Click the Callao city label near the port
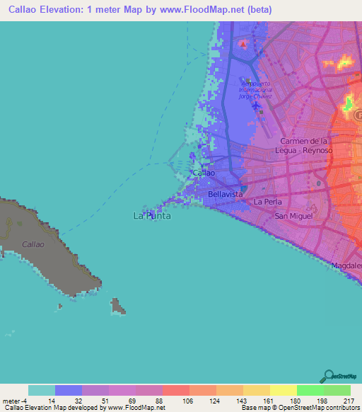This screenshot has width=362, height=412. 204,173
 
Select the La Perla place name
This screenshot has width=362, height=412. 267,202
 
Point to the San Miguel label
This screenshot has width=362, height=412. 293,216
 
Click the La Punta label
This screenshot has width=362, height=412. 152,216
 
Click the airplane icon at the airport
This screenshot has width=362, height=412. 255,110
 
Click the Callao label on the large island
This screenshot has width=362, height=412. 33,244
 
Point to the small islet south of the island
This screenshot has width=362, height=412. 118,307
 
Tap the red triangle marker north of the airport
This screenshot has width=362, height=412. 244,44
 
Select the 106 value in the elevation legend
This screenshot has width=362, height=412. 175,400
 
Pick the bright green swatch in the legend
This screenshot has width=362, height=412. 310,390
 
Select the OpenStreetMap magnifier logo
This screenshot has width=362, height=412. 329,375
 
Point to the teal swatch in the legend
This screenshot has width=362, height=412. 42,390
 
